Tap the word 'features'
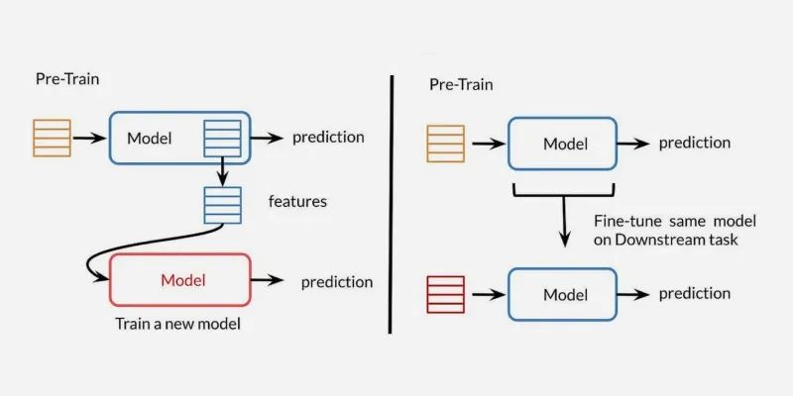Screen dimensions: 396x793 pyautogui.click(x=297, y=201)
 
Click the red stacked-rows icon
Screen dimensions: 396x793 pyautogui.click(x=443, y=295)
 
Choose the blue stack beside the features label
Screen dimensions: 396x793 pyautogui.click(x=221, y=205)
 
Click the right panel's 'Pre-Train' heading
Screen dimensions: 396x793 pyautogui.click(x=461, y=84)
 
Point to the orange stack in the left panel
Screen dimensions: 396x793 pyautogui.click(x=52, y=138)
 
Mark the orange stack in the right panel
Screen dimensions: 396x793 pyautogui.click(x=445, y=143)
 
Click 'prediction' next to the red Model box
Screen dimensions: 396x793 pyautogui.click(x=337, y=282)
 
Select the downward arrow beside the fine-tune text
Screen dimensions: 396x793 pyautogui.click(x=565, y=226)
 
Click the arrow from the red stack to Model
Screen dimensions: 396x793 pyautogui.click(x=486, y=295)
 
